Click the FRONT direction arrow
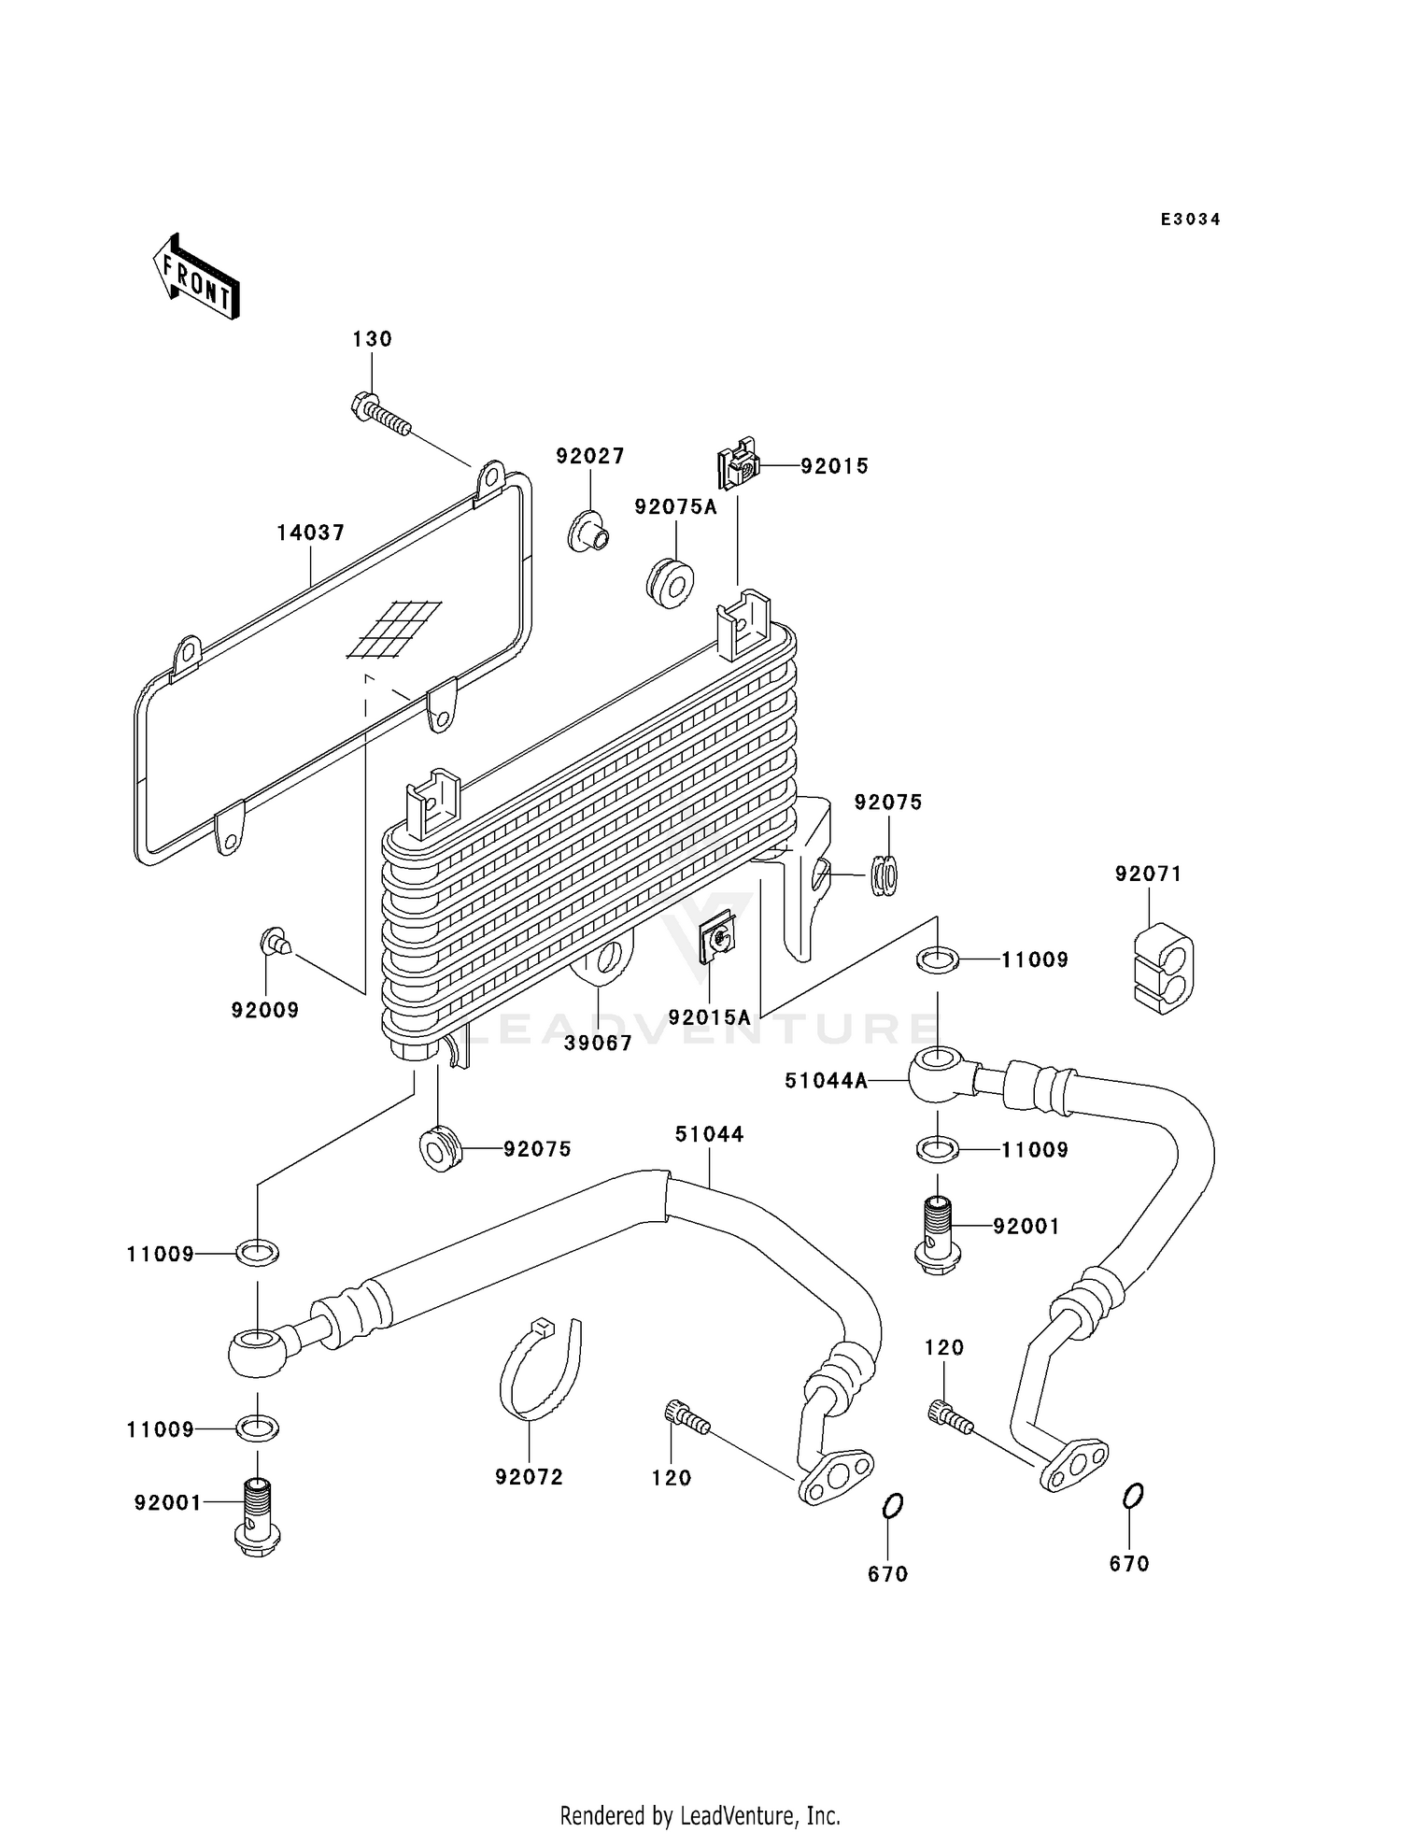pos(196,277)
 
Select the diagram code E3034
pos(1190,220)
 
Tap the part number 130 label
pos(372,339)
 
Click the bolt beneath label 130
pos(381,416)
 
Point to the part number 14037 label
pos(310,533)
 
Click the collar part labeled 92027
pos(588,533)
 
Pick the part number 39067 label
pos(598,1043)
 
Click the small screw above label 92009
pos(274,942)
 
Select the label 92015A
pos(709,1017)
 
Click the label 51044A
pos(826,1081)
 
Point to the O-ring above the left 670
pos(892,1506)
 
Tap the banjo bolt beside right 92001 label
pos(938,1235)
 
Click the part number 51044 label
pos(709,1134)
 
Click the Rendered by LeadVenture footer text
pos(700,1815)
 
